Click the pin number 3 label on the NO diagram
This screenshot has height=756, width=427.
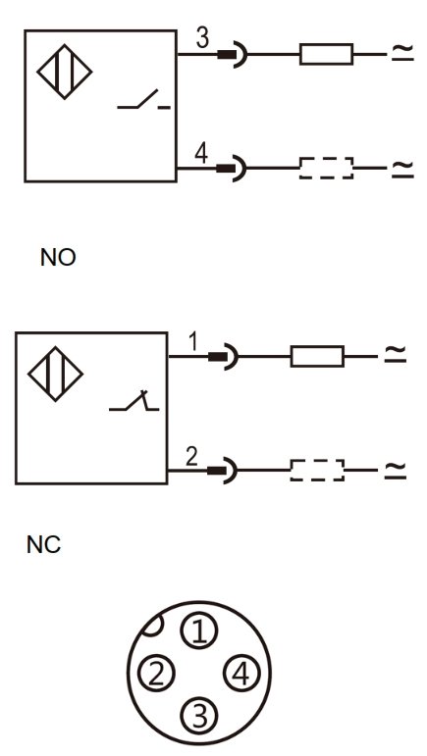click(x=202, y=38)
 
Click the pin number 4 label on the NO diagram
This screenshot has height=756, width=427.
click(x=201, y=153)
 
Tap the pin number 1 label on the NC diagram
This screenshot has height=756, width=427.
click(x=193, y=341)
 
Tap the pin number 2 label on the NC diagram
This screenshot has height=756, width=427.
click(x=192, y=457)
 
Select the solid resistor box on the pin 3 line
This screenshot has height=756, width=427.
click(x=326, y=54)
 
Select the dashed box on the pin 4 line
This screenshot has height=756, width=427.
click(x=326, y=168)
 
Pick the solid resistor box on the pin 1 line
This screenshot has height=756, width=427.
click(x=317, y=356)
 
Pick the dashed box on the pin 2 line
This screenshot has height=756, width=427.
click(x=317, y=470)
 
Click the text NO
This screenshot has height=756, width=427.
click(x=58, y=258)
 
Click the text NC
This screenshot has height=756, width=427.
click(x=44, y=545)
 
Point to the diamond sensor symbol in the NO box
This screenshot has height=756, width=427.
click(x=65, y=72)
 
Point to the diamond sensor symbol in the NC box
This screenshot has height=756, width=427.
click(x=56, y=375)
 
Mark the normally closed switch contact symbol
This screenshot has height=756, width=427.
click(x=134, y=401)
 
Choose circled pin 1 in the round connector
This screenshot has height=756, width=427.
click(x=199, y=631)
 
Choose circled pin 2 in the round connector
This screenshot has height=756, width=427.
click(x=157, y=673)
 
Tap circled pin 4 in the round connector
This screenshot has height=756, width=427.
click(x=241, y=673)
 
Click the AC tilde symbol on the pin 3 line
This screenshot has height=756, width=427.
click(x=402, y=52)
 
